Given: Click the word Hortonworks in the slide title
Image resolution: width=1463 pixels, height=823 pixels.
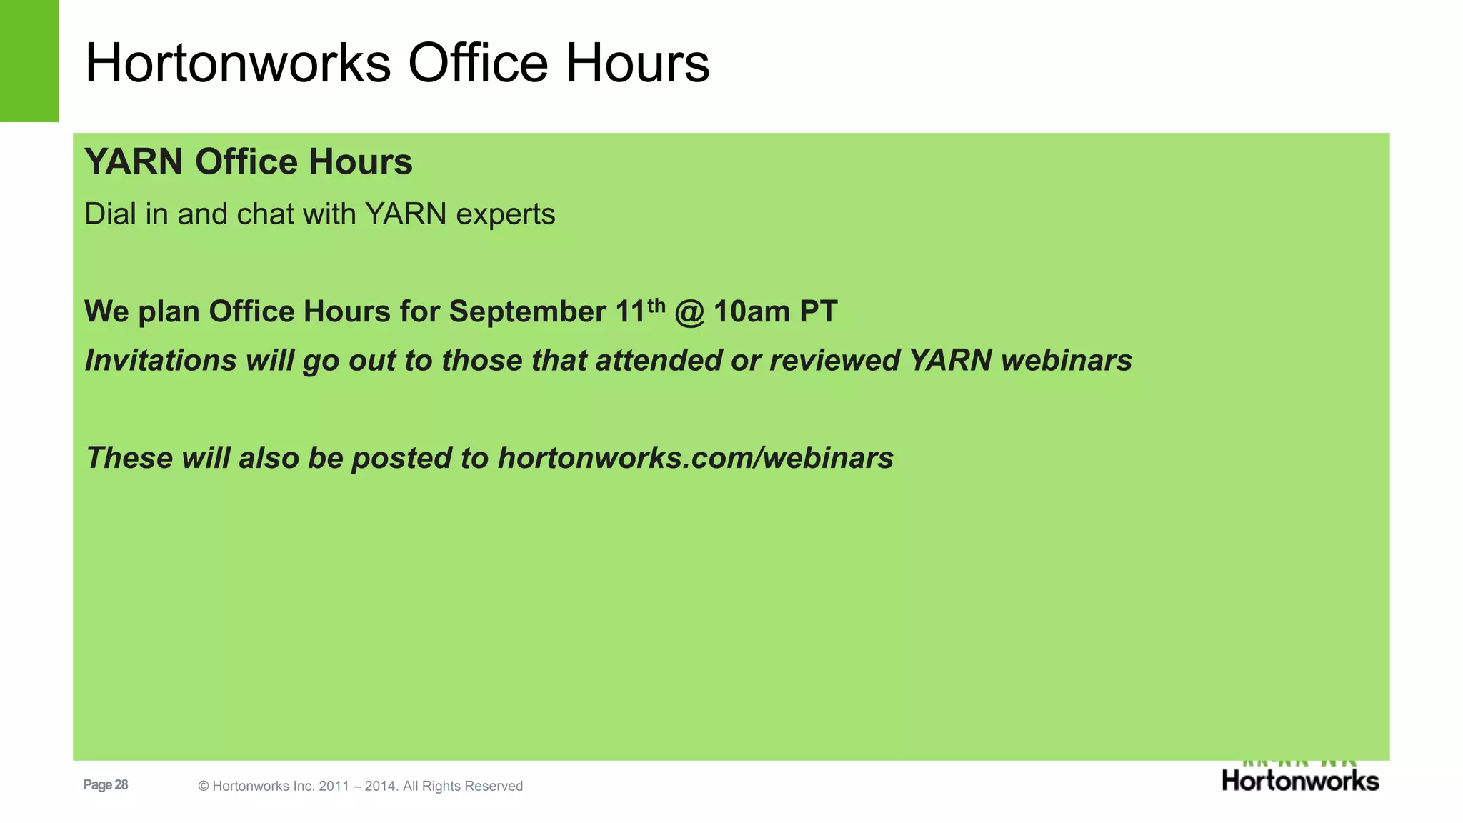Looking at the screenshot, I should (x=238, y=64).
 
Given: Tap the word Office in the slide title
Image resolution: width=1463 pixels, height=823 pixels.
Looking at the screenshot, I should (x=478, y=64).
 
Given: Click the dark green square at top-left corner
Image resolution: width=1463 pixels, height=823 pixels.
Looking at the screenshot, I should (x=29, y=61).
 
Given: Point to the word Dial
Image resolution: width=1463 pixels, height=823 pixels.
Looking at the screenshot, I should (x=110, y=214).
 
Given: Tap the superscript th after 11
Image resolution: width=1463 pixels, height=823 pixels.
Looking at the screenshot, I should (x=656, y=305).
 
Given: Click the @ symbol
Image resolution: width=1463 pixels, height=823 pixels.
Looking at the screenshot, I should (x=689, y=313).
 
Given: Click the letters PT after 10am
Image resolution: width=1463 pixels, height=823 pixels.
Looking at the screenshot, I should (x=819, y=312).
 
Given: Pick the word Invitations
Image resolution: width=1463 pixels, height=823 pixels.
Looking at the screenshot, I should (x=160, y=361).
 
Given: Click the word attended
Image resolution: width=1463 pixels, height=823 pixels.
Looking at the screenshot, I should (x=658, y=361).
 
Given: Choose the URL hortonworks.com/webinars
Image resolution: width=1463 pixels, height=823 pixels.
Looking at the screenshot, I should (x=695, y=459).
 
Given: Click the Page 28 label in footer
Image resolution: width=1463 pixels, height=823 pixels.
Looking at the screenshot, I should (x=106, y=785).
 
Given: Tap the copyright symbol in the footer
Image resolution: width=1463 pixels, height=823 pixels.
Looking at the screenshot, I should (x=204, y=787).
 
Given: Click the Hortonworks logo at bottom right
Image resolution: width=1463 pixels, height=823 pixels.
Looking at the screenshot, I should (x=1300, y=779).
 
